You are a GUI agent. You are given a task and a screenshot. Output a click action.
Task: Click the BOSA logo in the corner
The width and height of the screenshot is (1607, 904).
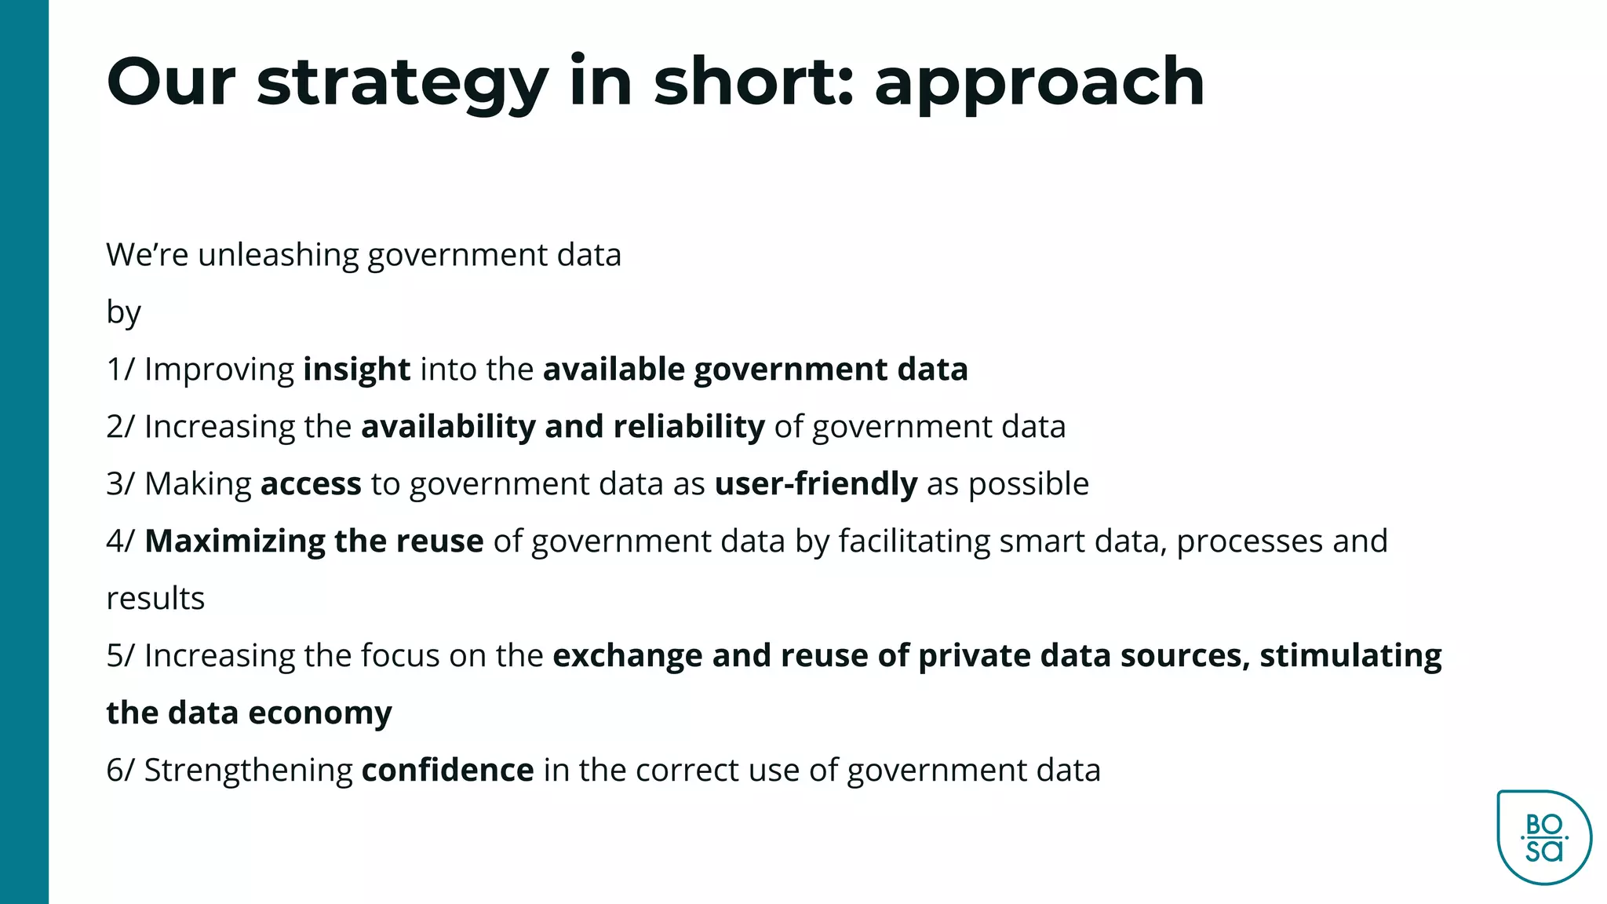tap(1543, 837)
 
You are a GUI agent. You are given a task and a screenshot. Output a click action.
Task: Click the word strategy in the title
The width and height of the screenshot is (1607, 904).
tap(402, 83)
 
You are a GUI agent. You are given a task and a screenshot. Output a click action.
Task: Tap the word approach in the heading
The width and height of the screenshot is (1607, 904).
tap(1039, 83)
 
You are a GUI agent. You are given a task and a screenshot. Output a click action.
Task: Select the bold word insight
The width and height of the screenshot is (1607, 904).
tap(356, 370)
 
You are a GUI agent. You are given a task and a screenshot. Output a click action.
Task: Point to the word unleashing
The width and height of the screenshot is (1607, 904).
tap(278, 255)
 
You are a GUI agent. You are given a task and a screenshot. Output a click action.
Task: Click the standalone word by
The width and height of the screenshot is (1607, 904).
tap(123, 313)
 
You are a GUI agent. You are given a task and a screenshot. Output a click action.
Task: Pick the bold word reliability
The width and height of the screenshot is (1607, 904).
tap(688, 427)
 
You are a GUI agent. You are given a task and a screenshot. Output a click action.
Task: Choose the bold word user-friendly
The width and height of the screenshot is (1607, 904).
tap(815, 484)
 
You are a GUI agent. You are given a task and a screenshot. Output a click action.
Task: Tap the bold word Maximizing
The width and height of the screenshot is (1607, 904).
tap(235, 541)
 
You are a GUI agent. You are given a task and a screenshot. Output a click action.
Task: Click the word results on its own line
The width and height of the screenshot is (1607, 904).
tap(155, 599)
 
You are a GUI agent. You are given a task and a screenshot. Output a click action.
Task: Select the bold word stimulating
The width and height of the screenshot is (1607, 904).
tap(1350, 656)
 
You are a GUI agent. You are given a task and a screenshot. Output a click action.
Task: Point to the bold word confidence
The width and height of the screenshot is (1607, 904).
tap(447, 771)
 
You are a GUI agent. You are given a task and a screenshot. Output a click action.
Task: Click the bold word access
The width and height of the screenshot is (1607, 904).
tap(311, 484)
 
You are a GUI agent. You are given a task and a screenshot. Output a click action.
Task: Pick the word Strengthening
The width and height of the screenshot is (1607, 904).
tap(248, 771)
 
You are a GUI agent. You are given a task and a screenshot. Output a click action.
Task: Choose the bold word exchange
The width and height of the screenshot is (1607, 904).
tap(627, 656)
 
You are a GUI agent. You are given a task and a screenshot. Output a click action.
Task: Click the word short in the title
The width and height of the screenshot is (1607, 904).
tap(753, 82)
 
